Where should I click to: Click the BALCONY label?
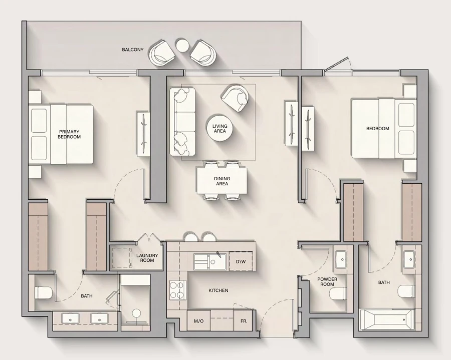pyautogui.click(x=133, y=50)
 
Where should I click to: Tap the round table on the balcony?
pyautogui.click(x=182, y=46)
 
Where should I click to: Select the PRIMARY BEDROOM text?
pyautogui.click(x=69, y=134)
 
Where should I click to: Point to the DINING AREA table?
pyautogui.click(x=222, y=181)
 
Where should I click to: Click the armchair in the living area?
pyautogui.click(x=236, y=98)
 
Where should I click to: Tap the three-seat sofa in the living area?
pyautogui.click(x=182, y=121)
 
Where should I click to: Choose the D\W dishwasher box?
pyautogui.click(x=241, y=261)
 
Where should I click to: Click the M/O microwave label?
pyautogui.click(x=198, y=321)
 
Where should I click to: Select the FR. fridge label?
pyautogui.click(x=244, y=321)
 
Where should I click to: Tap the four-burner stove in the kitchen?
pyautogui.click(x=176, y=290)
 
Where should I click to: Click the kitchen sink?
pyautogui.click(x=210, y=261)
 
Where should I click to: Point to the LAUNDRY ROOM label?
pyautogui.click(x=147, y=258)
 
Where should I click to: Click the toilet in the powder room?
pyautogui.click(x=339, y=293)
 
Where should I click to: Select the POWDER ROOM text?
pyautogui.click(x=327, y=281)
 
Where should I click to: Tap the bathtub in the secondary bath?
pyautogui.click(x=386, y=319)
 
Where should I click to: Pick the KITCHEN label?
pyautogui.click(x=218, y=290)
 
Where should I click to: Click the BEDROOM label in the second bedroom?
pyautogui.click(x=377, y=129)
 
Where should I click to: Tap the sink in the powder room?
pyautogui.click(x=342, y=258)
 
